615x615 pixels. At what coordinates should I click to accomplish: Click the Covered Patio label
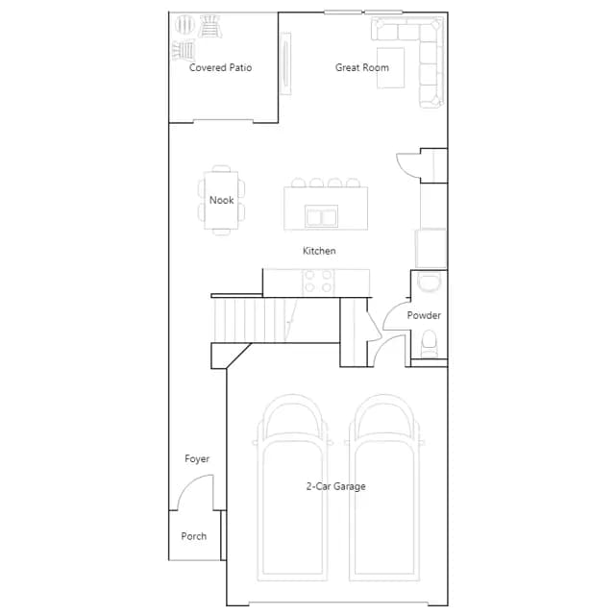(220, 67)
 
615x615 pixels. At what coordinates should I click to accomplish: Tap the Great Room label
(362, 67)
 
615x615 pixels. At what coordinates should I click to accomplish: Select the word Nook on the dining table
(222, 200)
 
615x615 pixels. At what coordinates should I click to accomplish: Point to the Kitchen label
(319, 251)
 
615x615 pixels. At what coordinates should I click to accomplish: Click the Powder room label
(424, 315)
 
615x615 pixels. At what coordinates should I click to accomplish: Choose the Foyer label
(197, 459)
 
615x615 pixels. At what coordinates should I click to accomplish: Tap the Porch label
(194, 536)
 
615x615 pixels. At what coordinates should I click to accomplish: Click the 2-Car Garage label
(336, 486)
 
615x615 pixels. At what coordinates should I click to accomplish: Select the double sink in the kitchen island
(321, 216)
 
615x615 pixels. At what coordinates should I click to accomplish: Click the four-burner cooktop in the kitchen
(318, 282)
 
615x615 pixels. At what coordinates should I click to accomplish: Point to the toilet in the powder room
(429, 344)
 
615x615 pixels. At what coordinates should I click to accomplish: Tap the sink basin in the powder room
(429, 283)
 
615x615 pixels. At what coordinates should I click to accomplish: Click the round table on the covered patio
(184, 24)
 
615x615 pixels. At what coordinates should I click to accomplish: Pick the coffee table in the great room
(391, 68)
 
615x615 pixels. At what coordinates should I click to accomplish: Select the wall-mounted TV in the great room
(285, 63)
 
